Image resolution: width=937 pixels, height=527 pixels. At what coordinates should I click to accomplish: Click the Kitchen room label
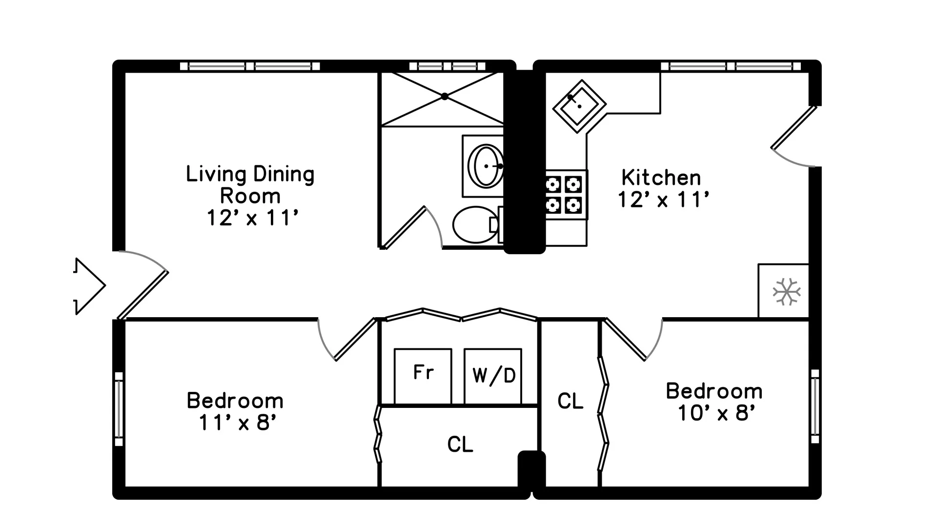click(661, 178)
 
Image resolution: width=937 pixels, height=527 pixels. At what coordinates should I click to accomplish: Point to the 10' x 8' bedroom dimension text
click(716, 413)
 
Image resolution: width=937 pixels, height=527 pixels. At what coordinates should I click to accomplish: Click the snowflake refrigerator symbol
click(786, 292)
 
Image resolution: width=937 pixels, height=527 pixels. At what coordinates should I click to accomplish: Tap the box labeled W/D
click(493, 376)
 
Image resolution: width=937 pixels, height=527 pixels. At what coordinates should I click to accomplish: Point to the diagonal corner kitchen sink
click(579, 106)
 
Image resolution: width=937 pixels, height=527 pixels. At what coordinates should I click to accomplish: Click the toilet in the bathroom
click(474, 225)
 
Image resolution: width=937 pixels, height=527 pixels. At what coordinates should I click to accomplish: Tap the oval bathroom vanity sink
click(485, 166)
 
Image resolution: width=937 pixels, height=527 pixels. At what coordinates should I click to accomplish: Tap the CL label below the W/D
click(460, 444)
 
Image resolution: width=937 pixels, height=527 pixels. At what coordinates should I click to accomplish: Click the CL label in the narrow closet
click(570, 401)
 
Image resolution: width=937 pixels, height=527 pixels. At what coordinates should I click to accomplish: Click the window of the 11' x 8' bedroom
click(119, 409)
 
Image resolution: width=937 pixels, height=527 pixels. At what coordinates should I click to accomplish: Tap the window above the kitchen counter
click(731, 66)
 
